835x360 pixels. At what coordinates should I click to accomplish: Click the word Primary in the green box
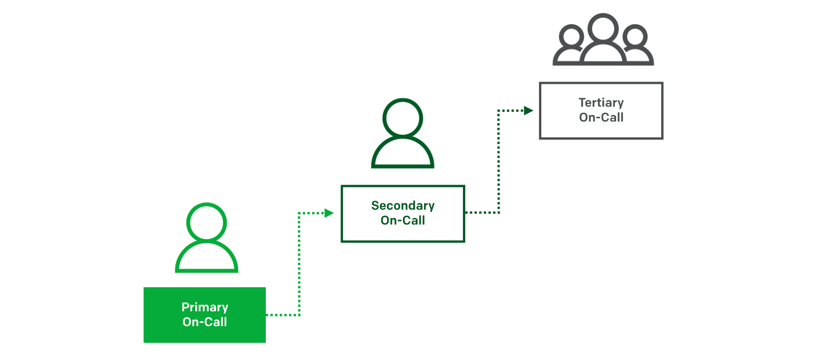point(205,307)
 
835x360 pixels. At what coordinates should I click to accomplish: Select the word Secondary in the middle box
point(403,206)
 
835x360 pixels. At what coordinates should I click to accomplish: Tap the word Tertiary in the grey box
point(601,103)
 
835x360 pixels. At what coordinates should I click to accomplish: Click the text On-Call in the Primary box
point(205,322)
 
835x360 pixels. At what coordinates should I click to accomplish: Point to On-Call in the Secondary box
point(403,220)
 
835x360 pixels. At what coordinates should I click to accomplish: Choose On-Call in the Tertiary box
point(601,117)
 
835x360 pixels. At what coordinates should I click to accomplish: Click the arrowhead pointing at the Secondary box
point(329,213)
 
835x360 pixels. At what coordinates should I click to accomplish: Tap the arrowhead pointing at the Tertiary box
point(528,110)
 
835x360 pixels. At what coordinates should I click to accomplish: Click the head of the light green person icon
point(206,222)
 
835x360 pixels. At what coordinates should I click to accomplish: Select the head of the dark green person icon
point(403,118)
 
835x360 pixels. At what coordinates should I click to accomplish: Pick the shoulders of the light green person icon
point(206,258)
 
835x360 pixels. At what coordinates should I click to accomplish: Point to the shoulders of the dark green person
point(403,154)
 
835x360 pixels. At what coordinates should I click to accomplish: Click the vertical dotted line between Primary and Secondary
point(299,264)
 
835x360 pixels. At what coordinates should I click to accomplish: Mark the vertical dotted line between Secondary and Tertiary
point(499,162)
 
